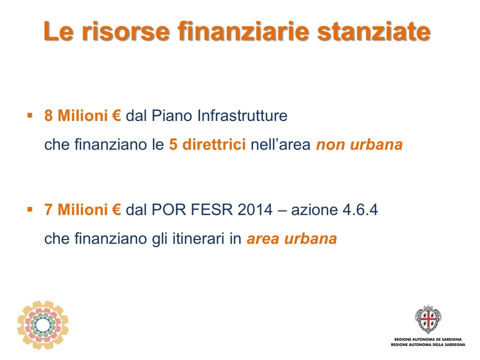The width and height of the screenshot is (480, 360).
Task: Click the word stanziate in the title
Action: (x=374, y=31)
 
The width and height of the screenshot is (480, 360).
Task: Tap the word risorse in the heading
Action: (x=125, y=31)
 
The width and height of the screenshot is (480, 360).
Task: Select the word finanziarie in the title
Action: (x=243, y=31)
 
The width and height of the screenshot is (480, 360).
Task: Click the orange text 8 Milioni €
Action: (x=82, y=116)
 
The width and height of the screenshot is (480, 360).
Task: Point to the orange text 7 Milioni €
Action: (x=82, y=210)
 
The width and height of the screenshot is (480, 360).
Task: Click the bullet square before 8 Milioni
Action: (x=30, y=115)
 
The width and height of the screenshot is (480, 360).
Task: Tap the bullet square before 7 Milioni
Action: (x=30, y=210)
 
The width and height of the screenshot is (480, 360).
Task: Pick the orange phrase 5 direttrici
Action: (x=207, y=144)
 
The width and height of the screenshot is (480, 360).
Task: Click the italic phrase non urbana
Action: (x=359, y=144)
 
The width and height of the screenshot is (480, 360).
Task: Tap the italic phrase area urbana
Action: (x=292, y=239)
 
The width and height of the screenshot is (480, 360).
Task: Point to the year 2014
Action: (x=255, y=210)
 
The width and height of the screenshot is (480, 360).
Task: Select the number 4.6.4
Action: (x=360, y=210)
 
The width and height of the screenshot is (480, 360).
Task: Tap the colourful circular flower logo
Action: (x=43, y=325)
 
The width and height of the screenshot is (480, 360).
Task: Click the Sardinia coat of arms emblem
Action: (x=428, y=319)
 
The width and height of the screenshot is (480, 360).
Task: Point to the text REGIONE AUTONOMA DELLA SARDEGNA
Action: (x=428, y=345)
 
